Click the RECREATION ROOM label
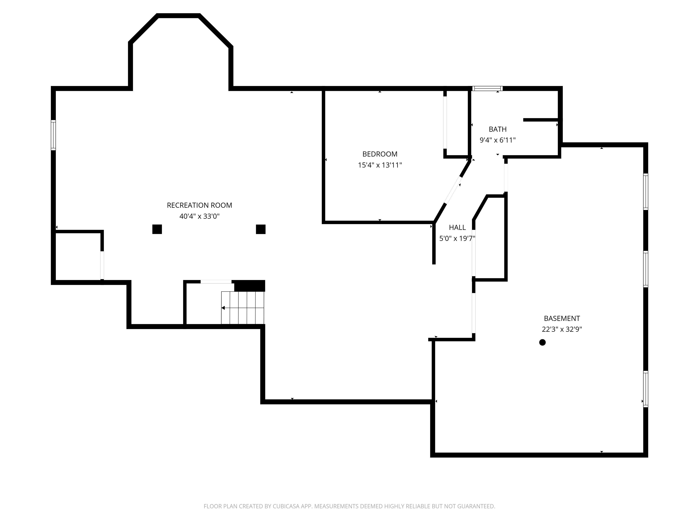[199, 205]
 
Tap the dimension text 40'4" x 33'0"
[199, 216]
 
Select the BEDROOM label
[380, 154]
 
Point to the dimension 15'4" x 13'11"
[380, 165]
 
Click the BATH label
[497, 129]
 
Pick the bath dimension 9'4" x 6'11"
[497, 140]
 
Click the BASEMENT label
[562, 318]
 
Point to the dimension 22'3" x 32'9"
[562, 329]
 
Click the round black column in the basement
[542, 342]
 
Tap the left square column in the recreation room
[157, 229]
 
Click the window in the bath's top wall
[487, 88]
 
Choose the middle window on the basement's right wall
[646, 269]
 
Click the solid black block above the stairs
[249, 286]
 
